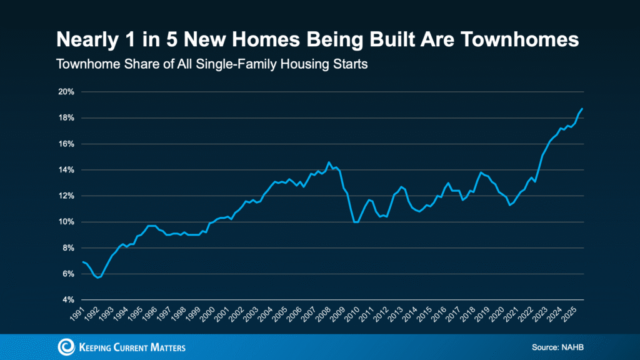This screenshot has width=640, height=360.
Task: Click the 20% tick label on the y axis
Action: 66,92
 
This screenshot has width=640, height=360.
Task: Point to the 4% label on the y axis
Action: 68,300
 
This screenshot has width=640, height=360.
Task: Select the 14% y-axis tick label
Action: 66,170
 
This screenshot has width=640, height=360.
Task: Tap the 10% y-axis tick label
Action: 66,222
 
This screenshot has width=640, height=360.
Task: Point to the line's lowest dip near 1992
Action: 98,277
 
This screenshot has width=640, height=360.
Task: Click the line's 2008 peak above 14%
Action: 329,162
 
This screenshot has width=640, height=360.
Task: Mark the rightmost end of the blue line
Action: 582,109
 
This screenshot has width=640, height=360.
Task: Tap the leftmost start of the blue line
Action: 82,262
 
